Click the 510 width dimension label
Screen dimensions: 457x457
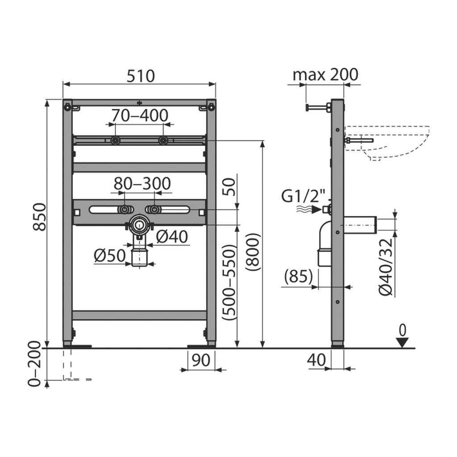pyautogui.click(x=140, y=76)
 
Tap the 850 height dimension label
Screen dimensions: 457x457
pyautogui.click(x=39, y=217)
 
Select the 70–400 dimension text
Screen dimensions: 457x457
pyautogui.click(x=140, y=115)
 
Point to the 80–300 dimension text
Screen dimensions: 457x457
pyautogui.click(x=142, y=183)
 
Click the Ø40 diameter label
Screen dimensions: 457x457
pyautogui.click(x=172, y=237)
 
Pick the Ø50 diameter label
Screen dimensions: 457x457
pyautogui.click(x=110, y=256)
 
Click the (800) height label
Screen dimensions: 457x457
pyautogui.click(x=252, y=252)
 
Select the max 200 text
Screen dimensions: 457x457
pyautogui.click(x=325, y=75)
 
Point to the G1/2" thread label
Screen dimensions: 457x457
pyautogui.click(x=303, y=196)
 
